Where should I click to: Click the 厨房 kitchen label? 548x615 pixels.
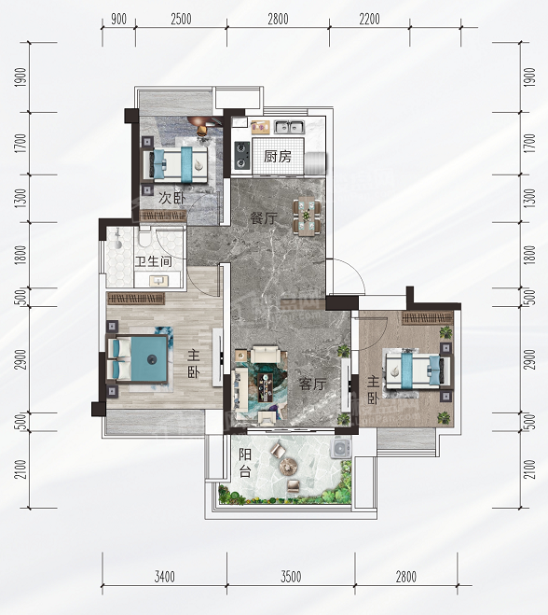[278, 157]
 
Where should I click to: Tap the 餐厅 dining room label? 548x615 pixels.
[264, 218]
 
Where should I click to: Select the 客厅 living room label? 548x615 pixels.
[312, 384]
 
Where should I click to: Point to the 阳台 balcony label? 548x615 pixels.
[245, 463]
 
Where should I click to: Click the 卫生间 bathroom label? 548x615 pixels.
[154, 261]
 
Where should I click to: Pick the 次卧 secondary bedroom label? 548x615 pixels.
[172, 198]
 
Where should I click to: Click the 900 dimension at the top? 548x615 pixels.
[118, 19]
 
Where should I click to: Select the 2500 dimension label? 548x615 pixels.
[181, 19]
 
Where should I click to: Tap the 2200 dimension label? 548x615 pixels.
[369, 19]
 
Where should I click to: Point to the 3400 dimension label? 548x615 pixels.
[165, 577]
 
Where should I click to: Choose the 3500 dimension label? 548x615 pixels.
[291, 577]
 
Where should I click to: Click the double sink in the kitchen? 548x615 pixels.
[290, 127]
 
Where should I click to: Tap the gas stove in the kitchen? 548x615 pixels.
[242, 155]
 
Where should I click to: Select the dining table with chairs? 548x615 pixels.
[307, 217]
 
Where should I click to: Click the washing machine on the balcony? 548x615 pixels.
[341, 448]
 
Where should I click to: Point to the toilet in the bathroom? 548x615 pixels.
[144, 236]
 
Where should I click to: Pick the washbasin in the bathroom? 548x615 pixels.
[158, 281]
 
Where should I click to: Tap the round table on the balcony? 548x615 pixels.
[289, 466]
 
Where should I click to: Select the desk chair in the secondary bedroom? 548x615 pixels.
[202, 130]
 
